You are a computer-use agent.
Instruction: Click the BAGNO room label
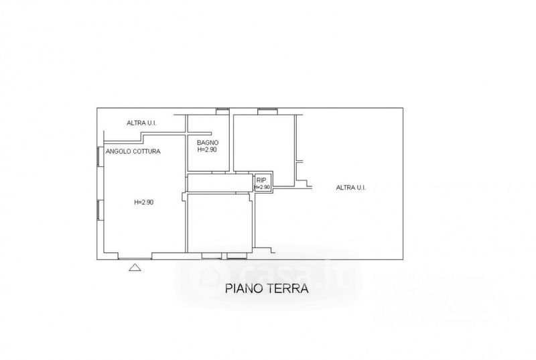(208, 143)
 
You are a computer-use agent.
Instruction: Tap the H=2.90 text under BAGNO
(207, 149)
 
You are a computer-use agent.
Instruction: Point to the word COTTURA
(147, 152)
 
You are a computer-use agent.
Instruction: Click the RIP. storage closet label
(261, 180)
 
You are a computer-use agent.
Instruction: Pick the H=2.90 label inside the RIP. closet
(262, 187)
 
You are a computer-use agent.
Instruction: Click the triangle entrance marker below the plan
(135, 267)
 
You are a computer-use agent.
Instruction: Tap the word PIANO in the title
(244, 288)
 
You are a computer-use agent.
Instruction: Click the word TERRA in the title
(288, 288)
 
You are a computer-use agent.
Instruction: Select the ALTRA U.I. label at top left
(141, 123)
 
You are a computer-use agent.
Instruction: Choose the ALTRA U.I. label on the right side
(350, 187)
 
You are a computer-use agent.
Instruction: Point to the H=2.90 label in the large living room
(143, 202)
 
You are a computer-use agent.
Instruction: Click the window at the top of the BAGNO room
(222, 111)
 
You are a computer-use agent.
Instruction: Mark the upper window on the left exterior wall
(98, 157)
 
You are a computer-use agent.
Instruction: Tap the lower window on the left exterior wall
(98, 210)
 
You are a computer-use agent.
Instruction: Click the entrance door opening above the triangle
(135, 258)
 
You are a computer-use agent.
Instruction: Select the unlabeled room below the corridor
(220, 223)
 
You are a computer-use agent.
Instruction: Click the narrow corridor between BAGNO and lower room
(220, 183)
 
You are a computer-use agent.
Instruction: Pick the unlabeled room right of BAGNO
(264, 143)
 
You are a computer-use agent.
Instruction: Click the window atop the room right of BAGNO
(267, 111)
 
